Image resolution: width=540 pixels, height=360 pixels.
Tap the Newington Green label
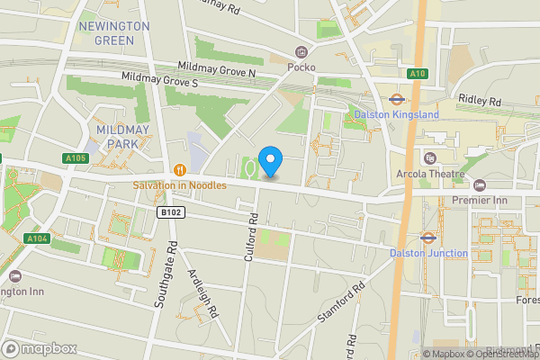[114, 33]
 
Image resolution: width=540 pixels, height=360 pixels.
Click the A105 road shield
[76, 158]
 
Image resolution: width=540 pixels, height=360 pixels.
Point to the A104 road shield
[37, 238]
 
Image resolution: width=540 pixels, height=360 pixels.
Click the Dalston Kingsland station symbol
[395, 100]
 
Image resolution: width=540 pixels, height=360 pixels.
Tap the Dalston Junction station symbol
[428, 238]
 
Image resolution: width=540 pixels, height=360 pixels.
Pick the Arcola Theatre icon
[429, 158]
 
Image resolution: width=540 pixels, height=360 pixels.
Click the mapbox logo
[38, 348]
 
